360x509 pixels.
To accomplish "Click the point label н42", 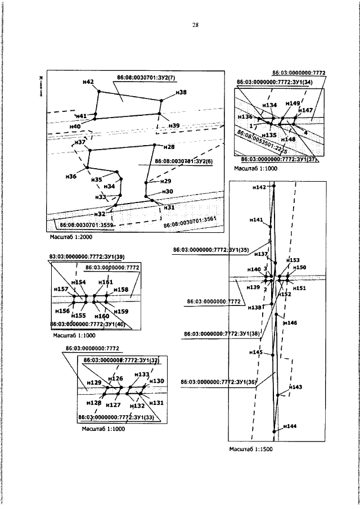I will pyautogui.click(x=88, y=82).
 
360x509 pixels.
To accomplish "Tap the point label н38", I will pyautogui.click(x=181, y=92).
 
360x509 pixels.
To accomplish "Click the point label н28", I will pyautogui.click(x=169, y=147).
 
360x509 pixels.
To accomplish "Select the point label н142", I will pyautogui.click(x=259, y=187).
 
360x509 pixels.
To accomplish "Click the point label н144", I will pyautogui.click(x=289, y=427).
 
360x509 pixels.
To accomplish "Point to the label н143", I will pyautogui.click(x=295, y=387).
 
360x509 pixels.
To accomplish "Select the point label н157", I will pyautogui.click(x=61, y=289).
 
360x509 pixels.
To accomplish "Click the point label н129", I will pyautogui.click(x=93, y=382).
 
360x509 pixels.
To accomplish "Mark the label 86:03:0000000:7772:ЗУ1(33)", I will pyautogui.click(x=116, y=417).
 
